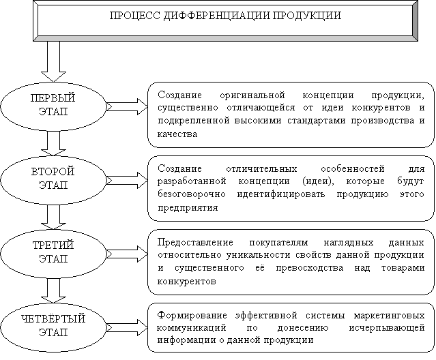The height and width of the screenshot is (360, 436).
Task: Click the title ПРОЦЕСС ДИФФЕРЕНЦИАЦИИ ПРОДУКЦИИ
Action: (225, 16)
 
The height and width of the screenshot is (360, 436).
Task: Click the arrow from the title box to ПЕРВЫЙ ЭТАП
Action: (53, 61)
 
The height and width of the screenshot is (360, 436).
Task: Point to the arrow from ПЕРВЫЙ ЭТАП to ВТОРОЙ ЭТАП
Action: (53, 143)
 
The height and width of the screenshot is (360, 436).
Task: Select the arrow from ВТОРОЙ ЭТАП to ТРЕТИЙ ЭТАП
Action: (53, 217)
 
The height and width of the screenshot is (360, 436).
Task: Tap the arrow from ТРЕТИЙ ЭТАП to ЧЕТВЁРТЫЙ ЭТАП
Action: (53, 290)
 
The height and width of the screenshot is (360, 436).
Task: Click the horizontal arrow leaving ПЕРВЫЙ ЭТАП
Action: (127, 106)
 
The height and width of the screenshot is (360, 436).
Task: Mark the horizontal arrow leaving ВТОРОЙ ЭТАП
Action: (127, 180)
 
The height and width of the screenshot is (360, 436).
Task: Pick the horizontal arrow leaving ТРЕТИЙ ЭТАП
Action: (127, 254)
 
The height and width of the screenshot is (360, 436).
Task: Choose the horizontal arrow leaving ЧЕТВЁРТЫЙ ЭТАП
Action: (127, 327)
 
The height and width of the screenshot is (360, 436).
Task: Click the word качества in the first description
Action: (177, 134)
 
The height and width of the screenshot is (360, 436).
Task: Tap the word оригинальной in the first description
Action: (252, 95)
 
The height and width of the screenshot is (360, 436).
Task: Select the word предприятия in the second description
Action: (188, 208)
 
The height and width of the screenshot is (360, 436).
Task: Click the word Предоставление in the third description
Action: (195, 243)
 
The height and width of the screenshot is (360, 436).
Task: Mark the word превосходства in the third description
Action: (310, 268)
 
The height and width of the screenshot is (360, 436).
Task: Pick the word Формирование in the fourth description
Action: (192, 316)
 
